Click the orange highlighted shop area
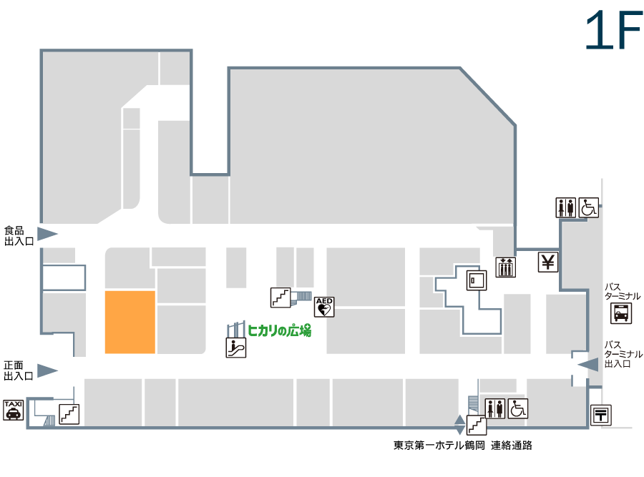point(130,323)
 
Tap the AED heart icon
point(324,307)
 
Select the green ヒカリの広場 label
point(279,330)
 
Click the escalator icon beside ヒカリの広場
point(236,348)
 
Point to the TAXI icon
point(13,410)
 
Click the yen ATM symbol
point(548,262)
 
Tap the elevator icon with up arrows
point(506,267)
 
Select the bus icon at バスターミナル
point(620,314)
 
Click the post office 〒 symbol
point(601,415)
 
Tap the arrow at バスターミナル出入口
point(587,365)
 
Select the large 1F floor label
point(614,30)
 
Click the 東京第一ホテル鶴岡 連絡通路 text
point(463,446)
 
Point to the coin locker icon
point(477,280)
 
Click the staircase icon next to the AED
point(280,297)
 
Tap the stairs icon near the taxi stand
point(69,414)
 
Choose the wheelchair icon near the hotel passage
point(518,409)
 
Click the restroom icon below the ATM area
point(495,409)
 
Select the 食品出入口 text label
point(19,236)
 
